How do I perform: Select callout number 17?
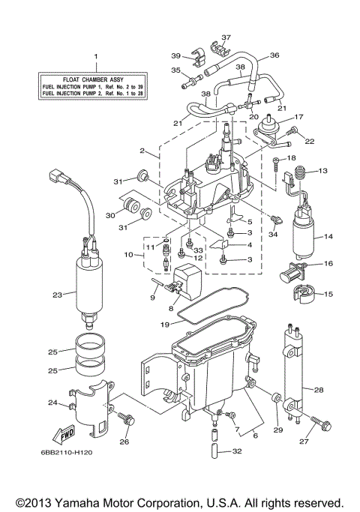(x=298, y=117)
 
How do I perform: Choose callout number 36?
(x=274, y=55)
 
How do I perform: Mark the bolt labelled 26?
(x=129, y=424)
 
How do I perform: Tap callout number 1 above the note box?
(x=95, y=57)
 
